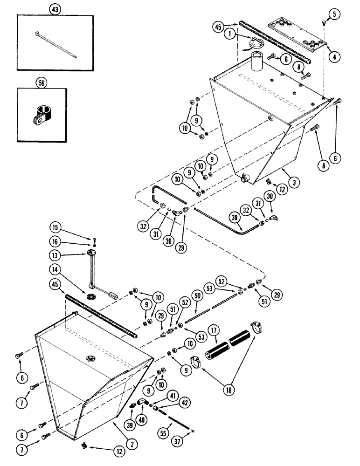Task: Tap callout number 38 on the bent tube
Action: [x=235, y=218]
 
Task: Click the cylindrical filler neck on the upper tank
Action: [x=258, y=63]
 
